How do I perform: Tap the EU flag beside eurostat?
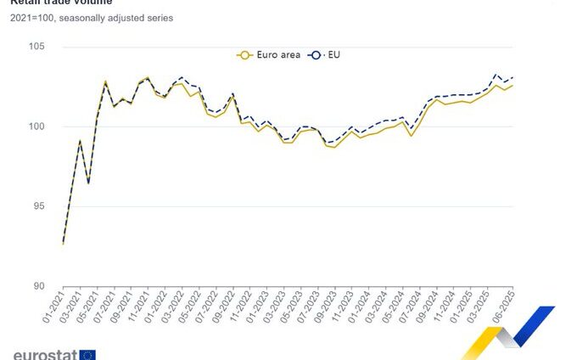point(88,354)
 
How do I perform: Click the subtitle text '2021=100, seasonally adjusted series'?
point(92,18)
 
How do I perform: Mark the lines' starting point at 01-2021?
point(64,244)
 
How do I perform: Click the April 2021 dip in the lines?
point(88,183)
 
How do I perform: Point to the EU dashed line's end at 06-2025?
point(513,77)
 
